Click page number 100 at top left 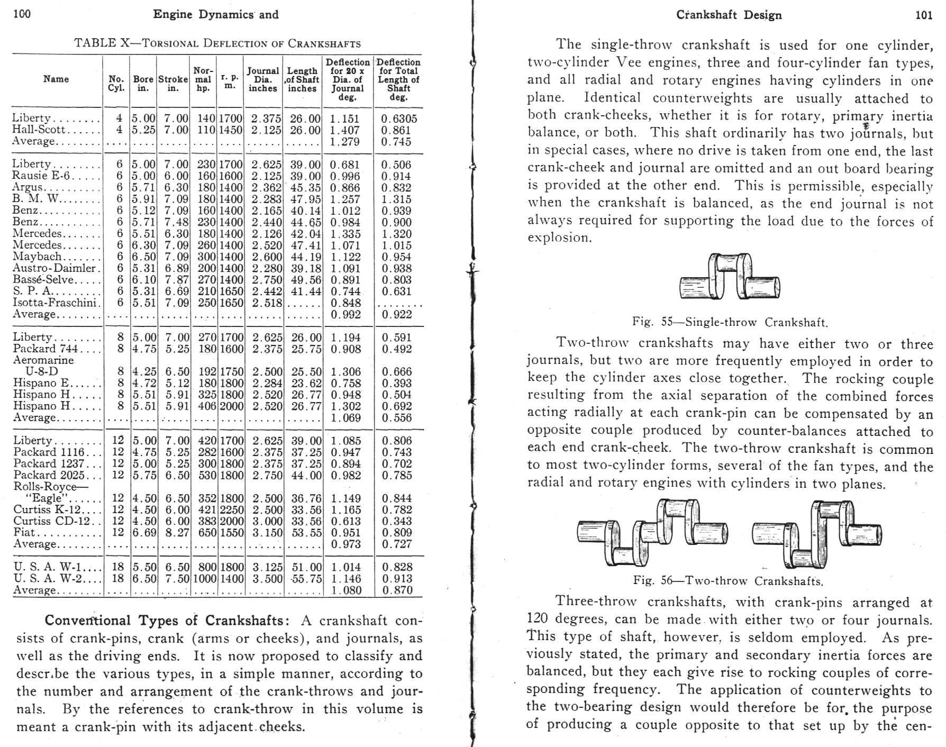pos(22,14)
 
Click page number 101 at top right pos(923,15)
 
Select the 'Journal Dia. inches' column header pos(262,79)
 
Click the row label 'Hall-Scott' pos(39,130)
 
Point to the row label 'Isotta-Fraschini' pos(55,303)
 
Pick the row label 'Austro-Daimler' pos(55,268)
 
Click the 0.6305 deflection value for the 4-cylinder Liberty pos(399,119)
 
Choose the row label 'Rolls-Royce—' pos(51,487)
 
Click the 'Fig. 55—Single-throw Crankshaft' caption pos(730,322)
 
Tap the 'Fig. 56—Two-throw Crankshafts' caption pos(728,581)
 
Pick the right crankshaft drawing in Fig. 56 pos(817,533)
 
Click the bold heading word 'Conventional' pos(87,621)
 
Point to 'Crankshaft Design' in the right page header pos(729,15)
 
